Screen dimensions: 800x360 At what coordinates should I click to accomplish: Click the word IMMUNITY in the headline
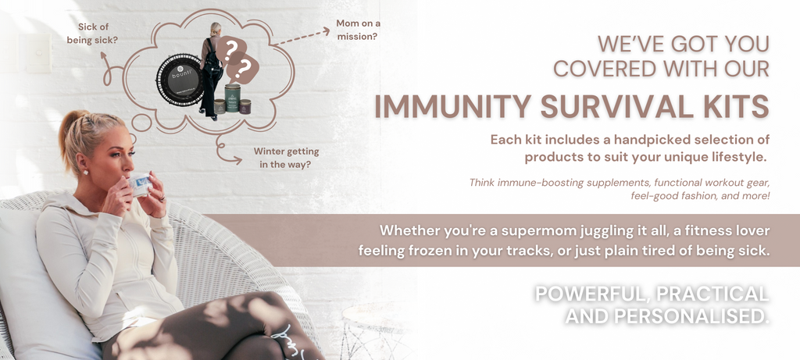point(453,105)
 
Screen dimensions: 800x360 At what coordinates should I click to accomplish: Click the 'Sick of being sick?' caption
point(92,33)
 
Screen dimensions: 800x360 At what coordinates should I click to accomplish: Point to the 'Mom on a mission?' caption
point(358,30)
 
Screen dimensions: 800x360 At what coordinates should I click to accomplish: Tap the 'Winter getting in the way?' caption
point(286,158)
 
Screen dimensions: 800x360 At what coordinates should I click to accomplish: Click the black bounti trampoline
point(180,80)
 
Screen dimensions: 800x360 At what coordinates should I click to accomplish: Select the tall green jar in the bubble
point(232,98)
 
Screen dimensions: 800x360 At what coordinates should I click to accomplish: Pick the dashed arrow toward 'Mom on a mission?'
point(301,37)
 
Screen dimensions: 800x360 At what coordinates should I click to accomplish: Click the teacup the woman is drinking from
point(140,184)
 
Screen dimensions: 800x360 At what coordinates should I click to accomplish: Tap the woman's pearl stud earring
point(85,173)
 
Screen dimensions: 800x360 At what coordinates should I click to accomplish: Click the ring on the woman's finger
point(162,198)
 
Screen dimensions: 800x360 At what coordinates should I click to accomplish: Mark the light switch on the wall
point(39,53)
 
